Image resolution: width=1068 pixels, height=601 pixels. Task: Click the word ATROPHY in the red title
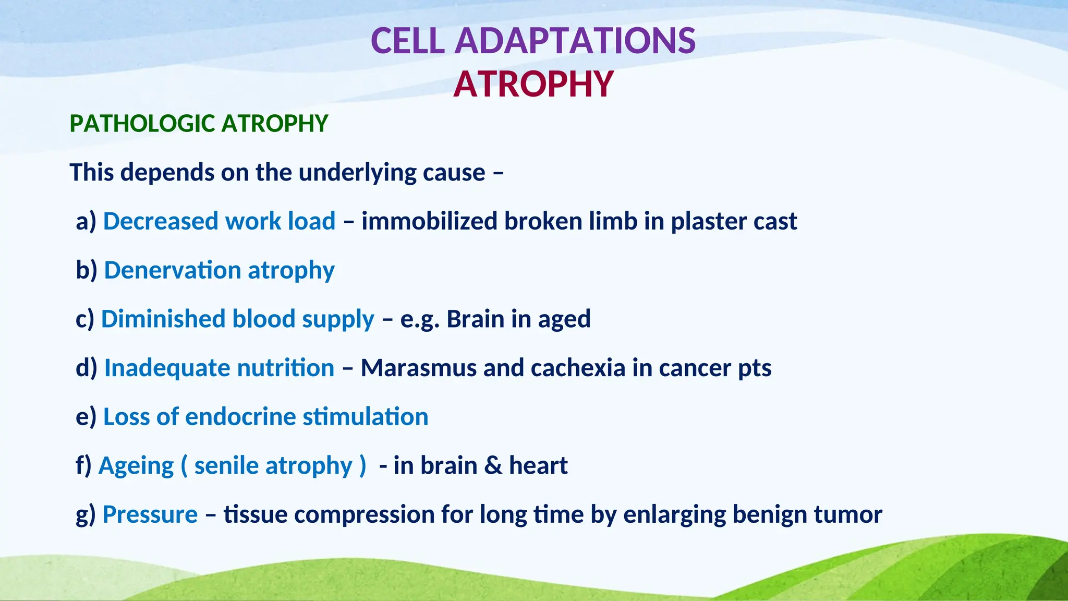pos(533,85)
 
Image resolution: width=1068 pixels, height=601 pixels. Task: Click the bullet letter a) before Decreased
pos(86,221)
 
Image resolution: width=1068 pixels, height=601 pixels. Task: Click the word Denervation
pos(172,270)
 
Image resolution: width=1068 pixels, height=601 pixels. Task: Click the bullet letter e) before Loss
pos(86,417)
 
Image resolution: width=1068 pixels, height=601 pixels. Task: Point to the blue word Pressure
pos(150,515)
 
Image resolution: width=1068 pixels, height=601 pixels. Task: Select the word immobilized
pos(429,221)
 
